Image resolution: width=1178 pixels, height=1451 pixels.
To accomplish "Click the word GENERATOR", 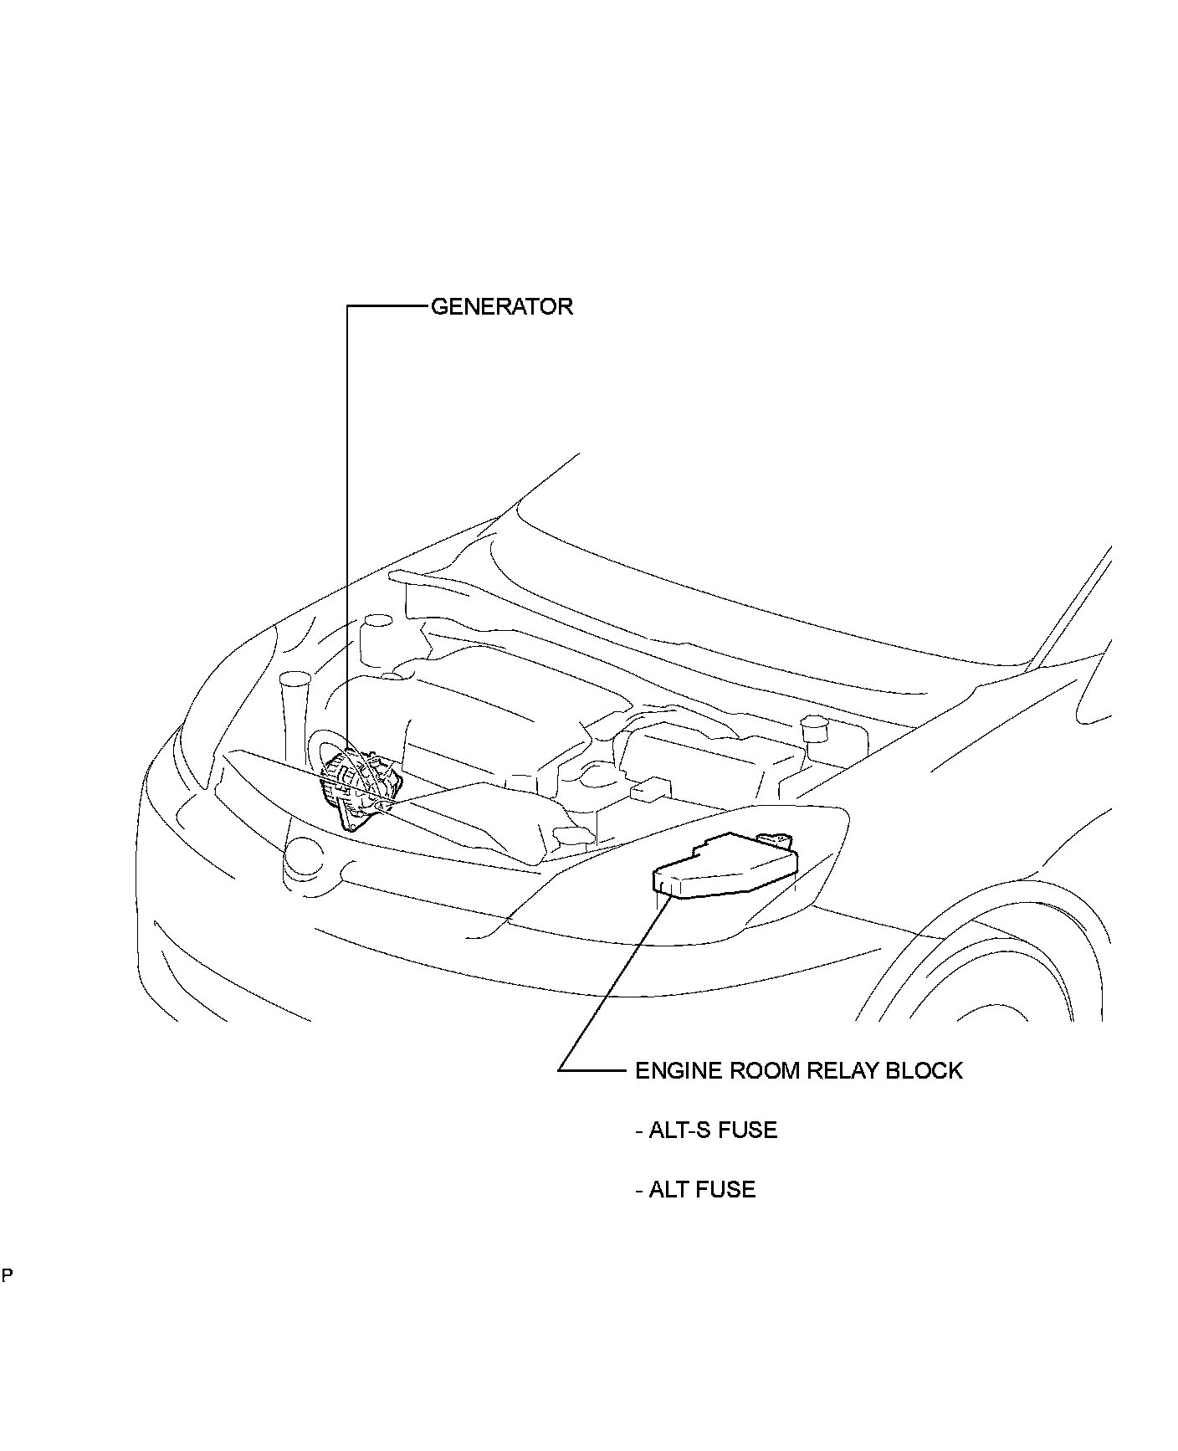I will [502, 306].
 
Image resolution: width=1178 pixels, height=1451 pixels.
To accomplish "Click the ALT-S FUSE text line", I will [706, 1130].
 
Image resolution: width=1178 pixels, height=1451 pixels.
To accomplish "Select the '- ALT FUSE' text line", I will [695, 1189].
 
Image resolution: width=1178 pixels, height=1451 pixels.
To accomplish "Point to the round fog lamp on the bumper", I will [303, 855].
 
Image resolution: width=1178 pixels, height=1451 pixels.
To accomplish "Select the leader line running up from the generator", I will [347, 519].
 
